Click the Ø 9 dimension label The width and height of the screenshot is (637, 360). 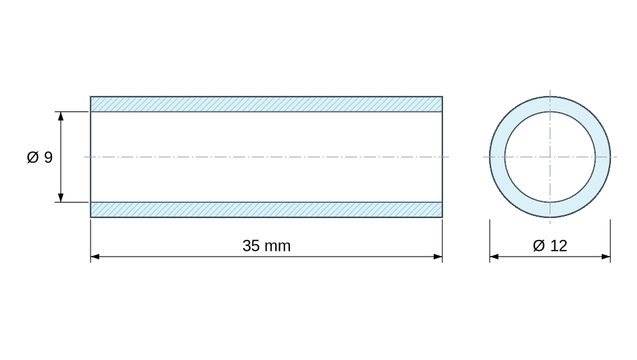tap(40, 157)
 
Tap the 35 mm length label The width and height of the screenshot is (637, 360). tap(267, 246)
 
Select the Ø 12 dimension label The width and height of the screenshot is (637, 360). tap(550, 246)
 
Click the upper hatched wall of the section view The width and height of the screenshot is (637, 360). tap(267, 104)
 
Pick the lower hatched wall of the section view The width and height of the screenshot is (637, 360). tap(267, 209)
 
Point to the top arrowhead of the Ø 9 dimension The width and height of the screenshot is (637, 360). tap(61, 116)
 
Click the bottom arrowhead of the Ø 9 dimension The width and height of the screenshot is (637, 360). tap(61, 197)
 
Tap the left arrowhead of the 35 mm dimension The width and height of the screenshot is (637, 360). tap(95, 257)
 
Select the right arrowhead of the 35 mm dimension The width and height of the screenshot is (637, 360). tap(438, 257)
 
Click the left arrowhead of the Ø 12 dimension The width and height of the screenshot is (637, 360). tap(494, 257)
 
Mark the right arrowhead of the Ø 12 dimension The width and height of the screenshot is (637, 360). tap(606, 257)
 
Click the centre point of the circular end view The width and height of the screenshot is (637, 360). tap(550, 157)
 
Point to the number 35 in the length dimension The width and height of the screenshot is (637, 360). tap(251, 246)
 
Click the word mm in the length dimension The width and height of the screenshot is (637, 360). tap(277, 247)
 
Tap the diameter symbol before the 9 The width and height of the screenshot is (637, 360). tap(33, 157)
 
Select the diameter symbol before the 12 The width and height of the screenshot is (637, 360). tap(538, 246)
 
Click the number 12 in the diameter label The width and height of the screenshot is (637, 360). tap(559, 246)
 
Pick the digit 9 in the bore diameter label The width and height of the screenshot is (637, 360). tap(49, 157)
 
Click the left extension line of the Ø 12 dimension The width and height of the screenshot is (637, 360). tap(490, 241)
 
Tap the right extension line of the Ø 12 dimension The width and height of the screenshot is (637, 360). tap(610, 241)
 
